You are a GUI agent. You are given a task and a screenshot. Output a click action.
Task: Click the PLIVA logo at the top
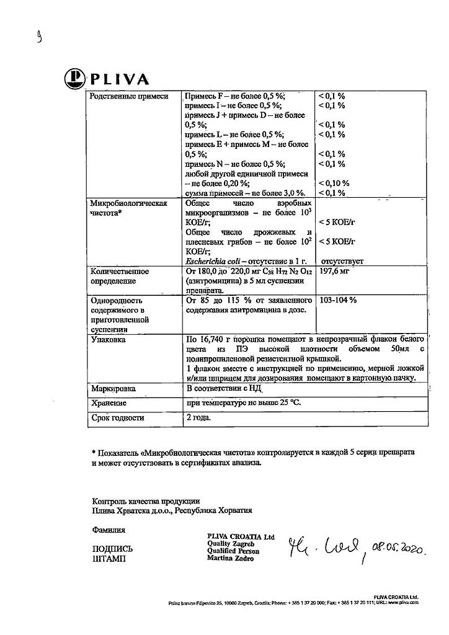click(106, 79)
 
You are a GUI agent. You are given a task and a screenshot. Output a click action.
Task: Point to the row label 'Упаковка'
click(108, 340)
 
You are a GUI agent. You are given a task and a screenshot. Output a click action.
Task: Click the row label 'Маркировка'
click(115, 389)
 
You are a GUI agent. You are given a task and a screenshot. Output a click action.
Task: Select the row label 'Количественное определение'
click(120, 276)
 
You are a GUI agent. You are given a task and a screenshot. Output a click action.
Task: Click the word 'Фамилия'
click(108, 530)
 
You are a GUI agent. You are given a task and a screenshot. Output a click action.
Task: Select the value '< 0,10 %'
click(334, 184)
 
